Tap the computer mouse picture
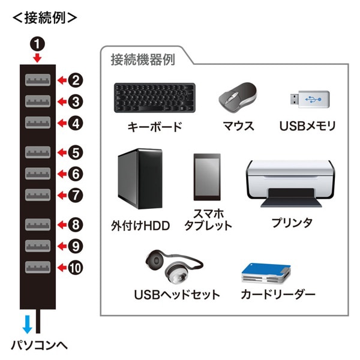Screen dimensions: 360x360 [238, 97]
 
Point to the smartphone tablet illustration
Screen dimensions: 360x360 [205, 178]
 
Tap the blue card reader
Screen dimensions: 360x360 [266, 273]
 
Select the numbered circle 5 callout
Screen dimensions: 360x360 [74, 152]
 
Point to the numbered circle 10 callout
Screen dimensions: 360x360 [74, 268]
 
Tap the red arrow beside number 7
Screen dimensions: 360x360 [61, 195]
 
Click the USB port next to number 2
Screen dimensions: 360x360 [38, 80]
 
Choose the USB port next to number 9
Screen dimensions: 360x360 [38, 245]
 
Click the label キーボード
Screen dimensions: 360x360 [154, 127]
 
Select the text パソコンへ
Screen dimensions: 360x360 [39, 346]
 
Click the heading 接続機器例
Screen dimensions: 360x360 [142, 60]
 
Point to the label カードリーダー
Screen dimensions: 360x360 [278, 295]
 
